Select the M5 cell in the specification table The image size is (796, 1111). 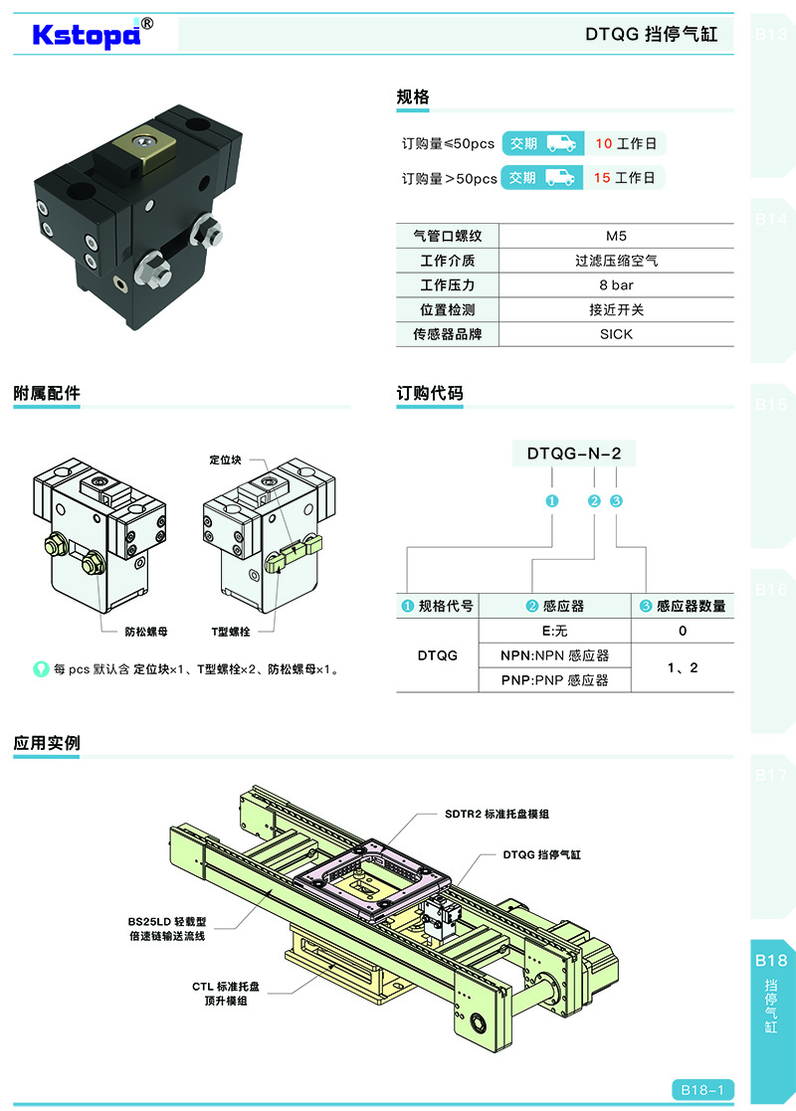coord(616,237)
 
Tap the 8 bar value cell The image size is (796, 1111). coord(616,285)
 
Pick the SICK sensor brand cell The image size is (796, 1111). coord(616,334)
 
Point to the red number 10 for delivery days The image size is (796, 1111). coord(603,143)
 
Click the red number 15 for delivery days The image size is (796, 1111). coord(603,178)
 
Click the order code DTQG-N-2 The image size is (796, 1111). coord(574,454)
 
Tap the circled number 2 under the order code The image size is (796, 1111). coord(594,500)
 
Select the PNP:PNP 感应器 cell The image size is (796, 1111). coord(554,680)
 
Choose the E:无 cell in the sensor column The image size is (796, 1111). coord(554,631)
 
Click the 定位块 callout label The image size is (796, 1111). coord(226,461)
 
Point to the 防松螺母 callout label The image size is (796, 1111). coord(145,631)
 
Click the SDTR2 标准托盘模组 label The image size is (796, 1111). coord(497,814)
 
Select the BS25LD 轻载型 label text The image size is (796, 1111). coord(167,921)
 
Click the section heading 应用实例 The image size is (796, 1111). coord(47,742)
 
